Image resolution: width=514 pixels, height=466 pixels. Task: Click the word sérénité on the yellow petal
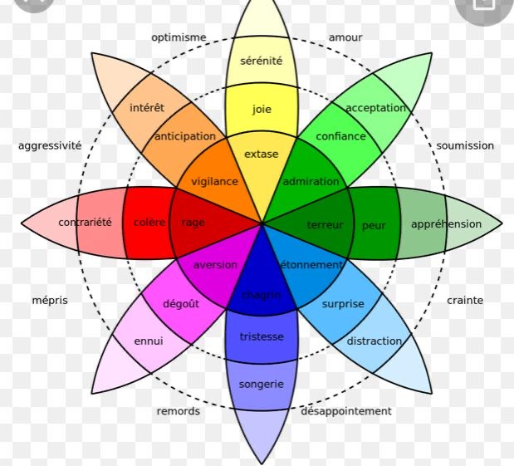pos(262,61)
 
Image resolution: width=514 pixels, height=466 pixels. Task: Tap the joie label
pos(262,109)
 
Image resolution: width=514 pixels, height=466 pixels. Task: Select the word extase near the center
pos(262,154)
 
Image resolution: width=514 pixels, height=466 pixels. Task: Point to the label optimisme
pos(179,37)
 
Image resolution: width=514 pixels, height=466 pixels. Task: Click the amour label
pos(345,37)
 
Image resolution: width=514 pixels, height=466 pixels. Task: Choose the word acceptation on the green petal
pos(376,108)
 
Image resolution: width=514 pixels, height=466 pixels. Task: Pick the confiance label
pos(340,136)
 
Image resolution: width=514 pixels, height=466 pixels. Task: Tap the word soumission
pos(465,145)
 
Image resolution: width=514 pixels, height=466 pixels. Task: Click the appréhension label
pos(446,223)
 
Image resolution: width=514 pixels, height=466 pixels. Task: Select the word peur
pos(374,225)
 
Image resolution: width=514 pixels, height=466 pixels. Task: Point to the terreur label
pos(325,225)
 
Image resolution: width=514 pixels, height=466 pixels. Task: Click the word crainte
pos(465,300)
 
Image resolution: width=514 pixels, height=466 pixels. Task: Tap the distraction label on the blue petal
pos(374,341)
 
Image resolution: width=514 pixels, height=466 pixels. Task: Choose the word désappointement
pos(346,411)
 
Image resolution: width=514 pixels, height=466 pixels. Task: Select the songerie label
pos(262,385)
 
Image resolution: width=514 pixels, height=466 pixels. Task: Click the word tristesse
pos(262,336)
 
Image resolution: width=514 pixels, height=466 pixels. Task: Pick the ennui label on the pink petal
pos(149,341)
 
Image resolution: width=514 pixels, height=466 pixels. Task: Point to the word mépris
pos(50,300)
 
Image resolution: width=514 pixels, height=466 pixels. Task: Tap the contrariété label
pos(85,223)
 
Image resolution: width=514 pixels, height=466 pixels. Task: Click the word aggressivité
pos(50,145)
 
